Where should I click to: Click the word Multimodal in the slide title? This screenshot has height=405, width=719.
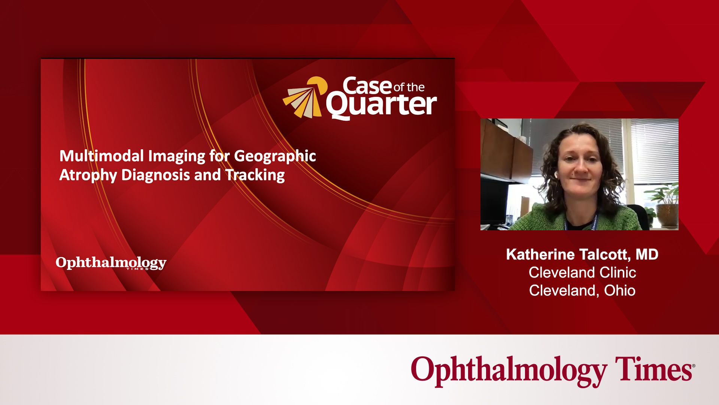(101, 156)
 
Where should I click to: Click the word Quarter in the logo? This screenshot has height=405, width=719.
(381, 105)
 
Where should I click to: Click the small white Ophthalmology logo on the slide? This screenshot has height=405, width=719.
(111, 263)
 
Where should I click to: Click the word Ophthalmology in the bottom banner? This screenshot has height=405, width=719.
(509, 371)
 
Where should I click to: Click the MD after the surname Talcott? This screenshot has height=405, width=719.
(647, 255)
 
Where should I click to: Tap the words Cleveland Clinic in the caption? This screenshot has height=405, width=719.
(582, 273)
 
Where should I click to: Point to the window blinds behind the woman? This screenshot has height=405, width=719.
(653, 150)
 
